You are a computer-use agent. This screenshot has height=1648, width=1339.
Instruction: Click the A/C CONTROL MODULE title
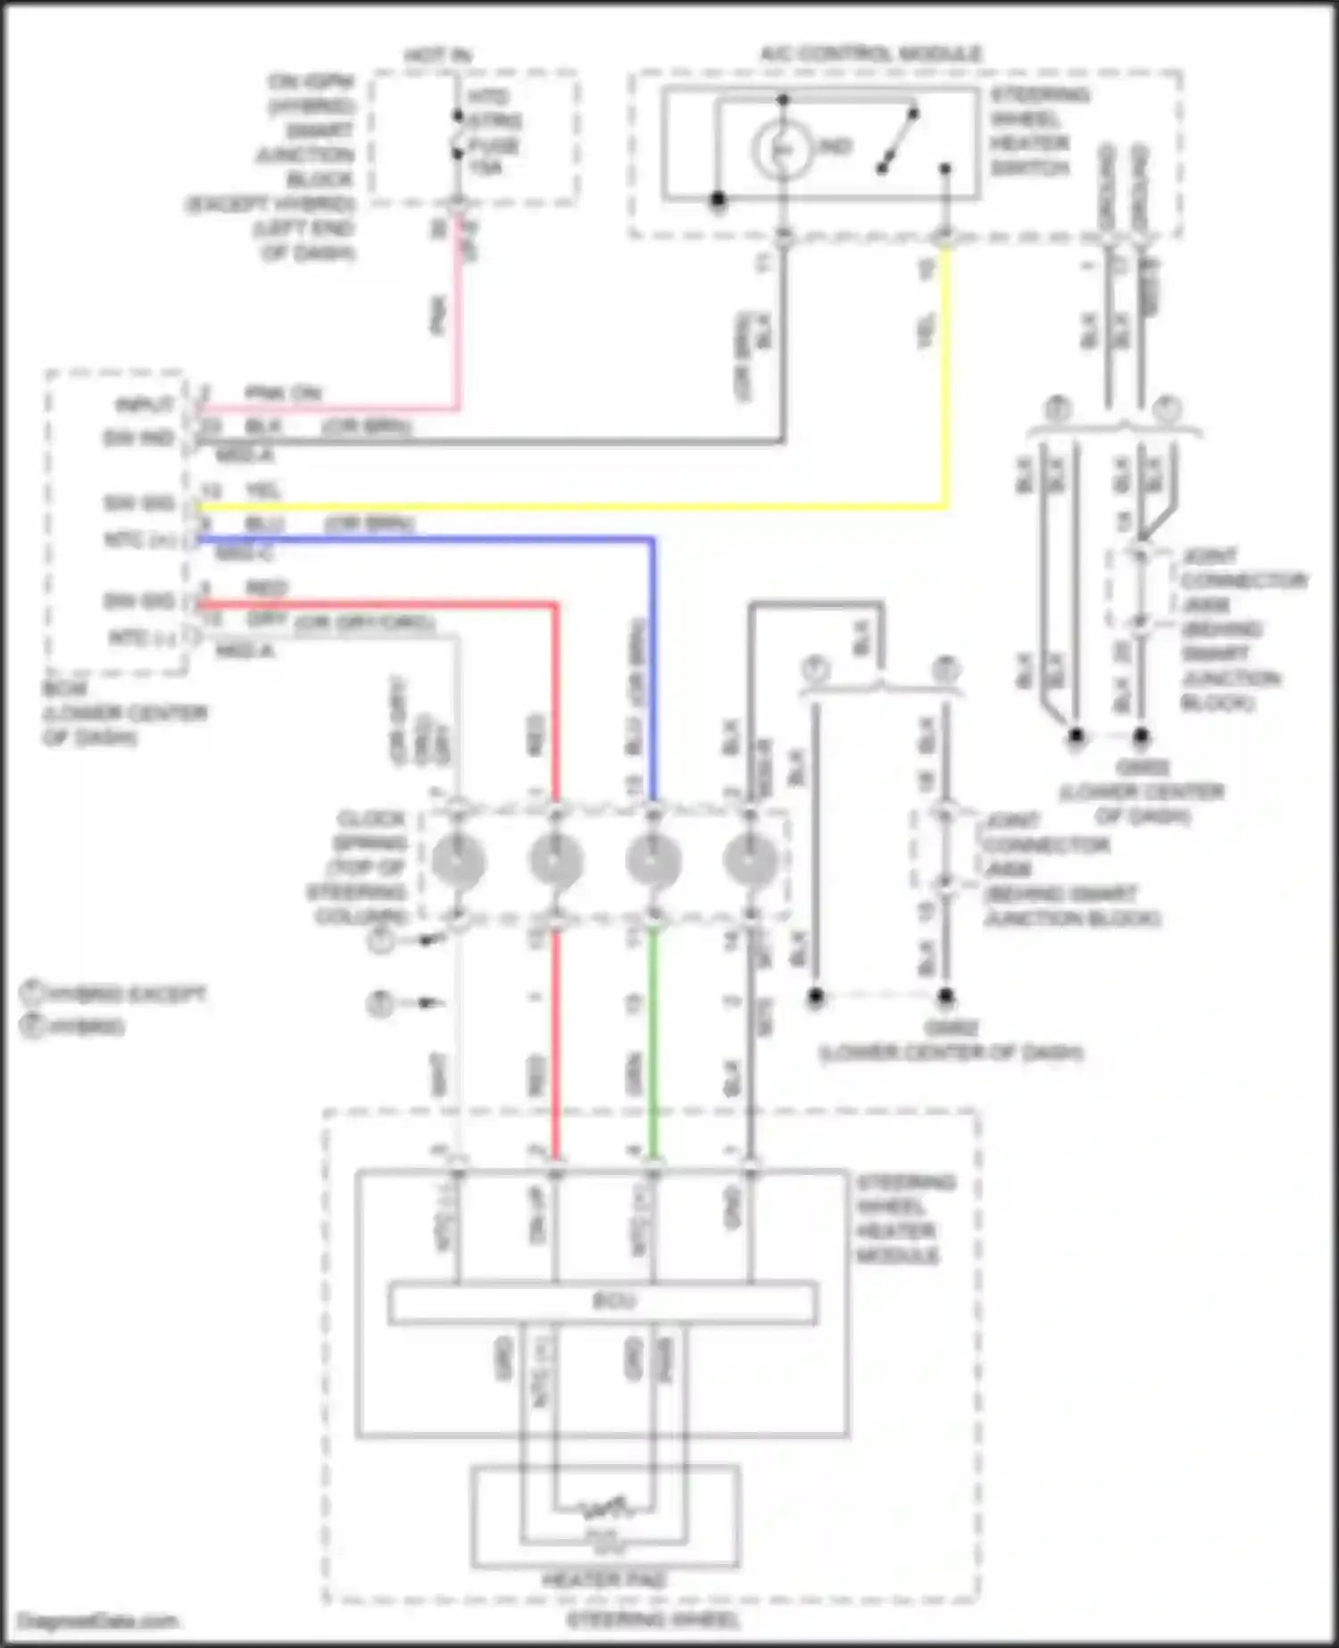pyautogui.click(x=870, y=54)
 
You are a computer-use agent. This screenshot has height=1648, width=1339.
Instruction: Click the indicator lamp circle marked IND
pyautogui.click(x=782, y=149)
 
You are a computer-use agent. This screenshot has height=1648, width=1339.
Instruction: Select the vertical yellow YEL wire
pyautogui.click(x=946, y=375)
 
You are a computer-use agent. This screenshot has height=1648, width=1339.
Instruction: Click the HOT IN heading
pyautogui.click(x=437, y=55)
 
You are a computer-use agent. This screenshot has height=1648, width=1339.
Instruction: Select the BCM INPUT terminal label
pyautogui.click(x=145, y=406)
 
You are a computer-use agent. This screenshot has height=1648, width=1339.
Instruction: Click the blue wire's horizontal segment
pyautogui.click(x=428, y=539)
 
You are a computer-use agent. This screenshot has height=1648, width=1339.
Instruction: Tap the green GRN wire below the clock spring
pyautogui.click(x=654, y=1045)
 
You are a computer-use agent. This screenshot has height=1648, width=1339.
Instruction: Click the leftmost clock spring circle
pyautogui.click(x=459, y=861)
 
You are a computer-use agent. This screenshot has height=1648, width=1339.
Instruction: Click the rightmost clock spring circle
pyautogui.click(x=750, y=861)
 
